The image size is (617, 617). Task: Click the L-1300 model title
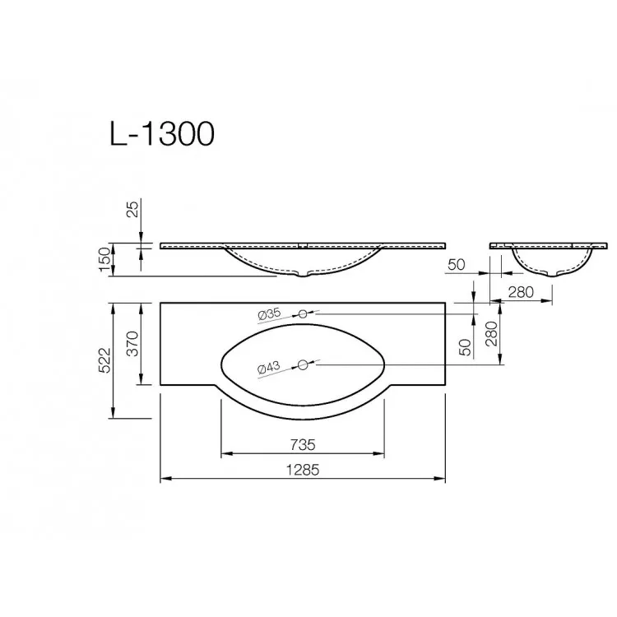pyautogui.click(x=162, y=134)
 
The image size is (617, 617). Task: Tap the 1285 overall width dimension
pyautogui.click(x=303, y=470)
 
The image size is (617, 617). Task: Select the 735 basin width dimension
pyautogui.click(x=303, y=445)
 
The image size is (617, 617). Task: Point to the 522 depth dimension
pyautogui.click(x=105, y=360)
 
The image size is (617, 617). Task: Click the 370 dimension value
pyautogui.click(x=133, y=344)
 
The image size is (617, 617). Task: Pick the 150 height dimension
pyautogui.click(x=105, y=259)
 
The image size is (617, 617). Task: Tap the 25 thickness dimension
pyautogui.click(x=134, y=209)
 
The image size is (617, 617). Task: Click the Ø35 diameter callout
pyautogui.click(x=270, y=314)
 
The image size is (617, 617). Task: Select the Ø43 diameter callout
pyautogui.click(x=269, y=369)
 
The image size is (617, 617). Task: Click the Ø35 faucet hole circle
pyautogui.click(x=303, y=314)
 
